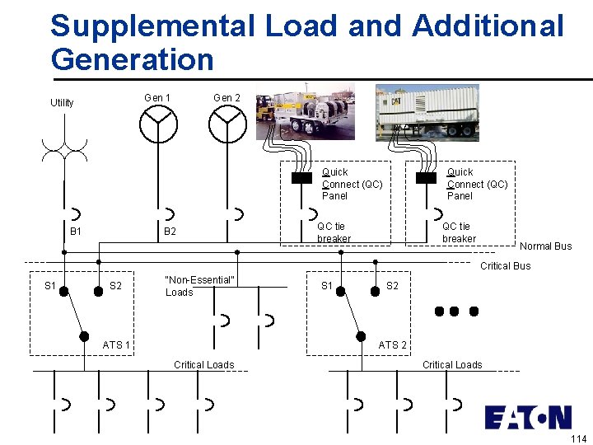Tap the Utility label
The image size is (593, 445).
[62, 103]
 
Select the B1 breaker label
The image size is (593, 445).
[76, 232]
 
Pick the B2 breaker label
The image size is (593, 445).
[170, 232]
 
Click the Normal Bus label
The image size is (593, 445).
[545, 246]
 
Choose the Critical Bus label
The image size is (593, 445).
[505, 266]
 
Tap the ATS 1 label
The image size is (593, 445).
[116, 344]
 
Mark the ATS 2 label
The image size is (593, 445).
[392, 345]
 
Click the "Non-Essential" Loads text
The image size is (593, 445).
[199, 286]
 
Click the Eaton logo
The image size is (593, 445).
[527, 417]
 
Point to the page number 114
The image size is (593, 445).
[577, 438]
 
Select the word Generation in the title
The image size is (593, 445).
[132, 59]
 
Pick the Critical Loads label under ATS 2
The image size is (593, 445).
[452, 365]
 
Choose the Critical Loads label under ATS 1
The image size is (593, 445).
[203, 365]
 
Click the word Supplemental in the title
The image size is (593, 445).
[152, 26]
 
